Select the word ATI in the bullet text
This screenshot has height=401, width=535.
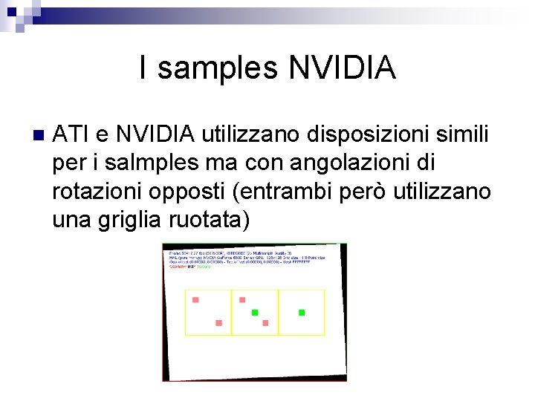pyautogui.click(x=71, y=135)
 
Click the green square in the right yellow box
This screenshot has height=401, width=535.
pyautogui.click(x=302, y=313)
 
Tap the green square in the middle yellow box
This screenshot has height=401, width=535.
pyautogui.click(x=255, y=313)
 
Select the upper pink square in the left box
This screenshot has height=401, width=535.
pyautogui.click(x=195, y=300)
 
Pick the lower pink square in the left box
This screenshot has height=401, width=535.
pyautogui.click(x=218, y=323)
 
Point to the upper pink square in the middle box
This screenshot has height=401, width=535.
pyautogui.click(x=242, y=300)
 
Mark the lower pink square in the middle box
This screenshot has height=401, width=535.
pyautogui.click(x=265, y=323)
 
